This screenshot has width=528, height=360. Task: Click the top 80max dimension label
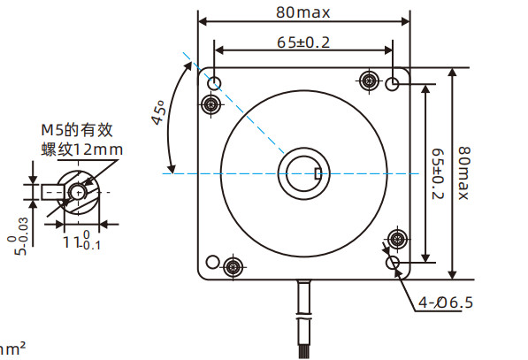click(x=304, y=12)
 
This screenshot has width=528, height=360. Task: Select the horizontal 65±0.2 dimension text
click(x=304, y=42)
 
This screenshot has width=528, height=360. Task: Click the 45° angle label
click(x=159, y=114)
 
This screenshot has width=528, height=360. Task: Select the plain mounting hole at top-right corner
click(x=394, y=83)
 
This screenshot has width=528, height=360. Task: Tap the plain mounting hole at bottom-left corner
click(x=212, y=262)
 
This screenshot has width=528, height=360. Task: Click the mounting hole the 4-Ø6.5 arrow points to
click(x=394, y=263)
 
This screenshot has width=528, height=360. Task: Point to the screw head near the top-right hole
click(x=369, y=82)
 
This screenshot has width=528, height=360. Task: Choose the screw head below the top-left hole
click(x=211, y=105)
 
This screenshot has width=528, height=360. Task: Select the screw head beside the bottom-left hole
click(x=233, y=266)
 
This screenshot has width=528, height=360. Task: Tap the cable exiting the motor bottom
click(x=305, y=318)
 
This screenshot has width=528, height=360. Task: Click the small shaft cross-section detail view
click(x=75, y=192)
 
